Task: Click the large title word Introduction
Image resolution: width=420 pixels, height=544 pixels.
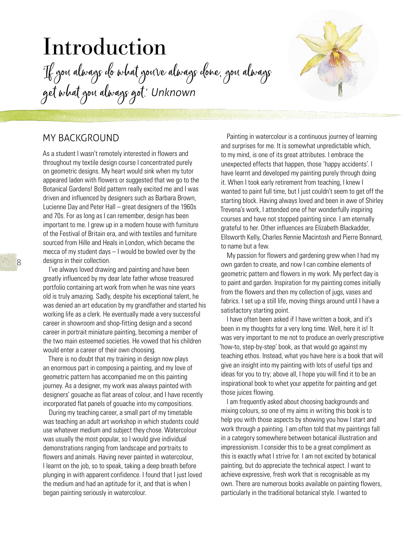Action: [105, 47]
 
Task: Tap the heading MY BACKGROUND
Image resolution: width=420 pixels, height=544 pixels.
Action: [81, 138]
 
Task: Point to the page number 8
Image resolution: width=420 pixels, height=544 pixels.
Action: [19, 262]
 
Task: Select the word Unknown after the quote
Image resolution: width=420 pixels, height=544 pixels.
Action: [173, 93]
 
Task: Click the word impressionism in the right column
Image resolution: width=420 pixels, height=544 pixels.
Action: [240, 447]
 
